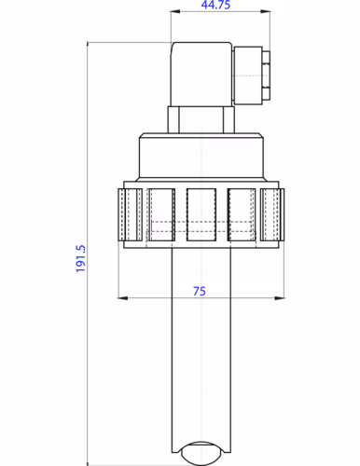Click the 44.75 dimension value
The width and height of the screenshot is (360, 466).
pyautogui.click(x=216, y=6)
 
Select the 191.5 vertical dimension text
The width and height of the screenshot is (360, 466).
pyautogui.click(x=80, y=258)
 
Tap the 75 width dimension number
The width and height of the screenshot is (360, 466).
pyautogui.click(x=199, y=291)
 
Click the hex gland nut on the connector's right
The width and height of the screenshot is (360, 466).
pyautogui.click(x=268, y=75)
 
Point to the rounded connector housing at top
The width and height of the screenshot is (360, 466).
pyautogui.click(x=201, y=73)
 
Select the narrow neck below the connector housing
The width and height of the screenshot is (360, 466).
pyautogui.click(x=199, y=119)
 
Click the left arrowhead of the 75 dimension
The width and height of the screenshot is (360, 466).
pyautogui.click(x=121, y=298)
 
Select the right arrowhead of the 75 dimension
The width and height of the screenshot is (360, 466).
pyautogui.click(x=281, y=298)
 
